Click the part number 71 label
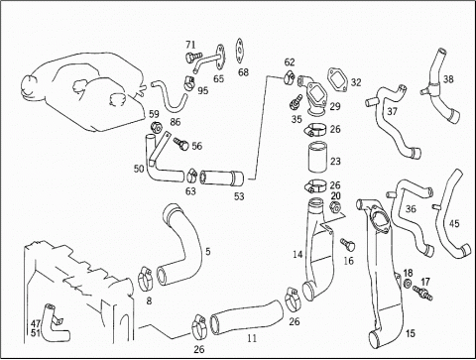[x=190, y=45]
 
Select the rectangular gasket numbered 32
[x=337, y=79]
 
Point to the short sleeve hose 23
[x=317, y=157]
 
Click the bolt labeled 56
[x=180, y=144]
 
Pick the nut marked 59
[x=156, y=127]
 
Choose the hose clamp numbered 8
[x=145, y=280]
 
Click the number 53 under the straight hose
[x=239, y=196]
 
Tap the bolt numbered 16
[x=348, y=245]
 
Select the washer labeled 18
[x=408, y=284]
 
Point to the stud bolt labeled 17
[x=422, y=293]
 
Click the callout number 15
[x=410, y=333]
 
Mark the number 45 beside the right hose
[x=454, y=224]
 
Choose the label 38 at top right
[x=448, y=79]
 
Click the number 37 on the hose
[x=392, y=111]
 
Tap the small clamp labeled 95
[x=189, y=83]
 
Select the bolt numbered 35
[x=296, y=101]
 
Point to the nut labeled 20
[x=335, y=206]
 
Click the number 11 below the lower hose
[x=252, y=338]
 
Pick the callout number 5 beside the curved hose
[x=207, y=252]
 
